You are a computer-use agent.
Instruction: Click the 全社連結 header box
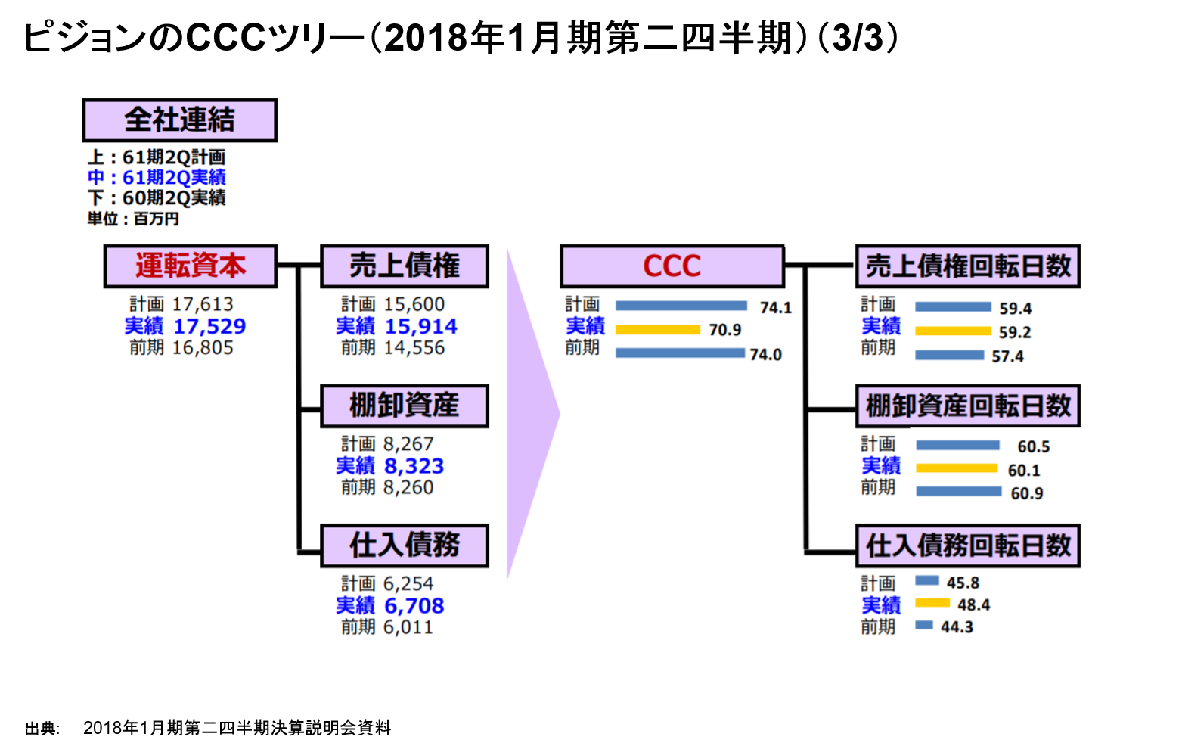(179, 120)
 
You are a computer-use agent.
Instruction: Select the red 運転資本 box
(190, 266)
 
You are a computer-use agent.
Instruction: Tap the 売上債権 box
(404, 266)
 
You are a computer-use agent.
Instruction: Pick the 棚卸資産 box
(404, 406)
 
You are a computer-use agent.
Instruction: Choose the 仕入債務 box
(404, 545)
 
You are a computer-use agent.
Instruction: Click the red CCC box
(672, 266)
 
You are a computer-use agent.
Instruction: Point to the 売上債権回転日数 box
(967, 266)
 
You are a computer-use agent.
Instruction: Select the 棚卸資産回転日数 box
(967, 406)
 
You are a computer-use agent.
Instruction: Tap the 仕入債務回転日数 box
(967, 545)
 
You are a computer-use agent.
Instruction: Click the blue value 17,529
(209, 326)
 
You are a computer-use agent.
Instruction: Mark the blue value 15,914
(421, 326)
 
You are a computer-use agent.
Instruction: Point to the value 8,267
(408, 444)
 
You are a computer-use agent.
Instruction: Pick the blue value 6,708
(414, 605)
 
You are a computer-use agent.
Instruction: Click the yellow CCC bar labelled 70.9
(657, 330)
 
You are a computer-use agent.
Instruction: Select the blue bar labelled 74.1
(681, 306)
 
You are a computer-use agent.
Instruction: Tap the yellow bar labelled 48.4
(932, 603)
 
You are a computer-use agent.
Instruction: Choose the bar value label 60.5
(1033, 446)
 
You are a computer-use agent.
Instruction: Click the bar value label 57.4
(1007, 356)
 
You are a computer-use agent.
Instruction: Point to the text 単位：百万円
(133, 219)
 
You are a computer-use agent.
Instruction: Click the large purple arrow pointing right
(529, 413)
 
